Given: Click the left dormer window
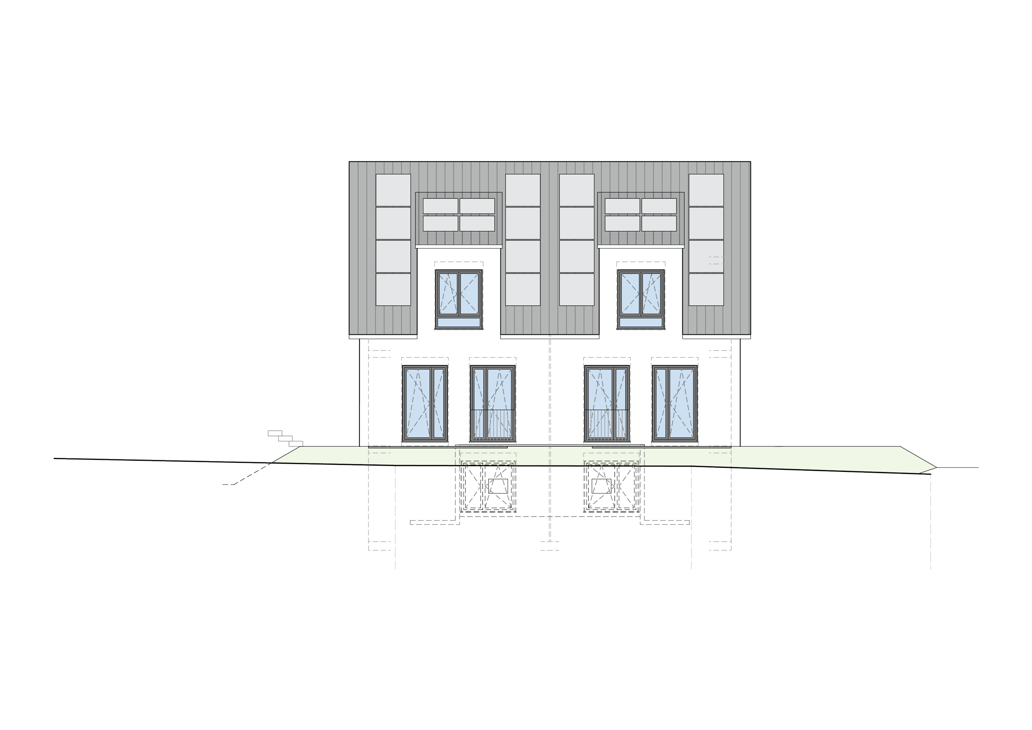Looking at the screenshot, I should (459, 299).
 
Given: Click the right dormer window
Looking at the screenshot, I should (641, 299).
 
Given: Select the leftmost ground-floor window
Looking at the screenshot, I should (425, 402).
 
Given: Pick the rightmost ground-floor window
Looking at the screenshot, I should (675, 402).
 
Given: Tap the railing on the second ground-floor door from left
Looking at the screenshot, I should (492, 425).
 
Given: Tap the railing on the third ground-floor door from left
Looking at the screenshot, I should (606, 425).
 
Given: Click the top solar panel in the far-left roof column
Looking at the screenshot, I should (393, 190).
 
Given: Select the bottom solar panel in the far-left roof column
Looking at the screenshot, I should (393, 289).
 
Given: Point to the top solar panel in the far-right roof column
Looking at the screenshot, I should (706, 190).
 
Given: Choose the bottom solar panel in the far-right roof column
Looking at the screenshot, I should (706, 289).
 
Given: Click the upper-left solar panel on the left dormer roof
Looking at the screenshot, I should (440, 206).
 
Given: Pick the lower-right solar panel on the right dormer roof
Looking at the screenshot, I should (659, 223).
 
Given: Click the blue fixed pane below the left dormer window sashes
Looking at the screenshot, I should (459, 323).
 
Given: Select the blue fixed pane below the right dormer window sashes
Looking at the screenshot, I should (641, 323).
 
